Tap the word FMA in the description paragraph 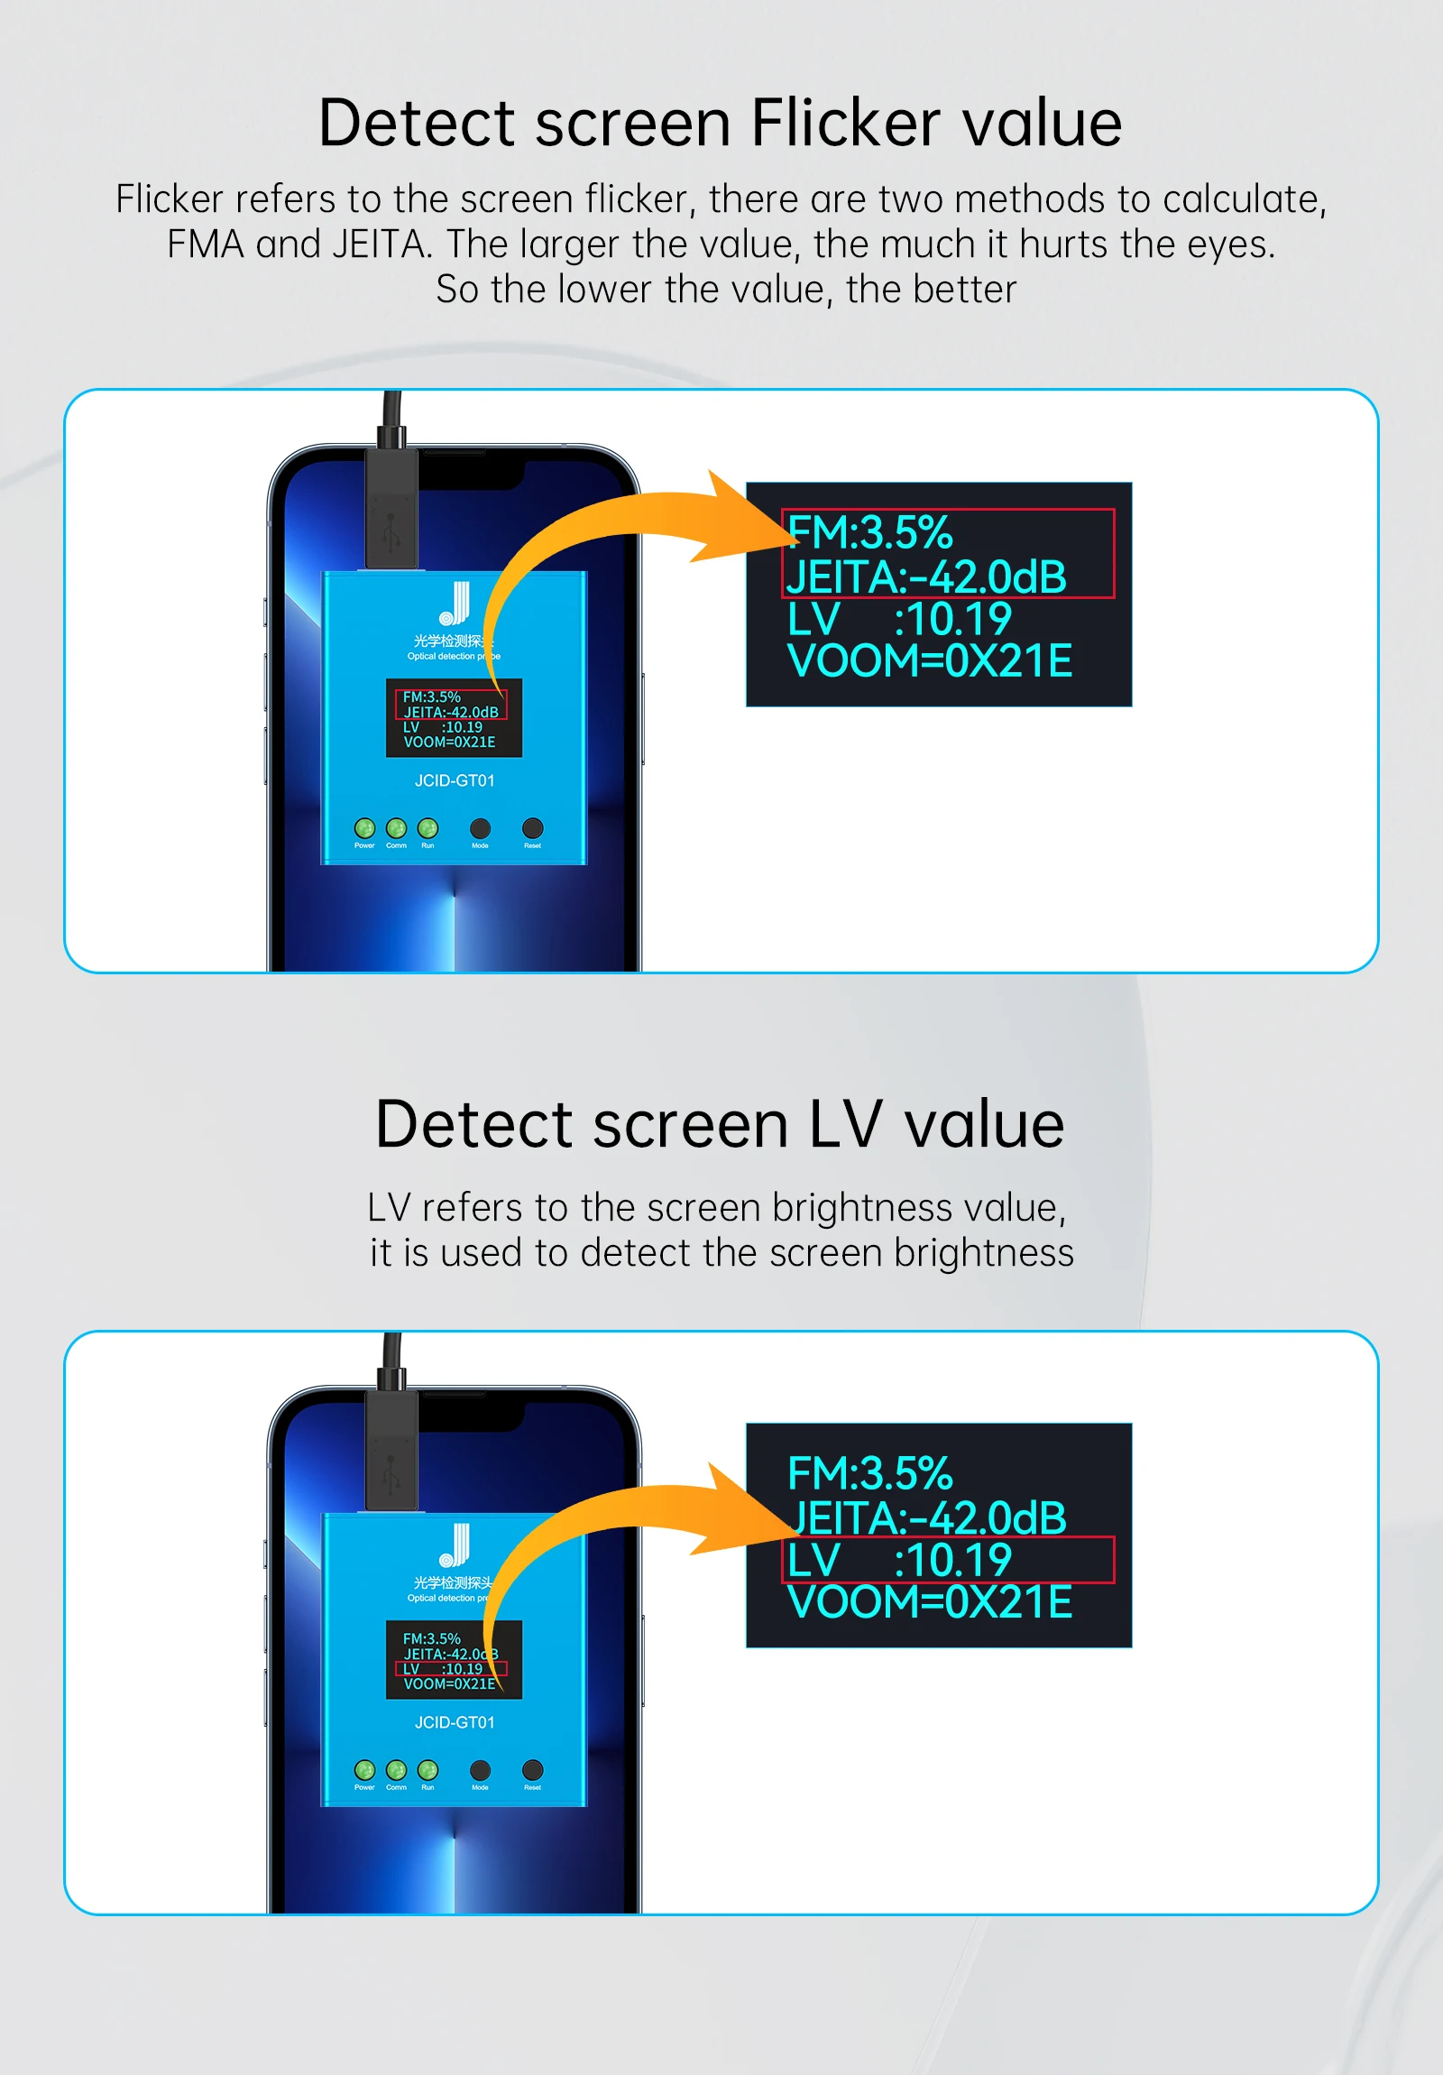point(205,244)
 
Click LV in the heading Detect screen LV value point(844,1124)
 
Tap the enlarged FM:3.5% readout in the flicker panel point(869,531)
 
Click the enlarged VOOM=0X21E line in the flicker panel point(929,660)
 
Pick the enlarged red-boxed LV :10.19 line point(899,1560)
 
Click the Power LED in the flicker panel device point(364,828)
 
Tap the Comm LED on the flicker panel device point(396,828)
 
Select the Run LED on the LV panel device point(427,1769)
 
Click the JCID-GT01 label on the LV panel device point(455,1722)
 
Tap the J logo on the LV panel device point(455,1545)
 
